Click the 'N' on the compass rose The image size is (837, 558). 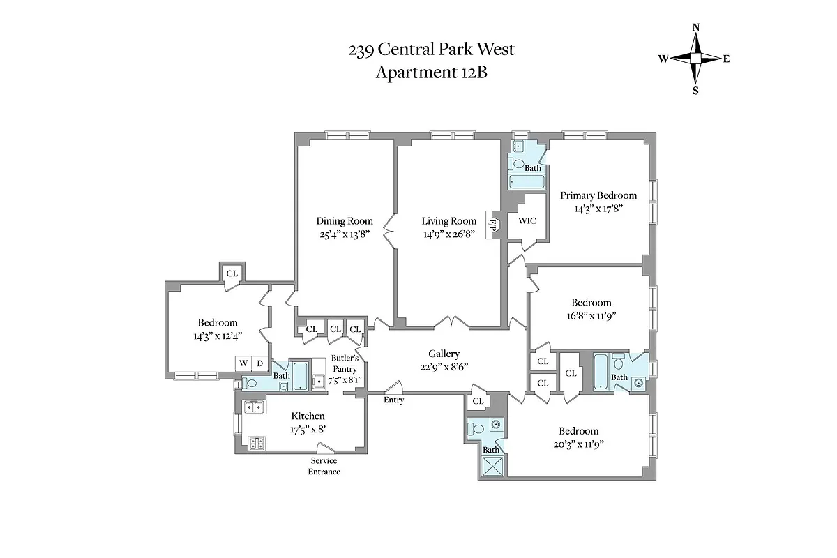pyautogui.click(x=695, y=27)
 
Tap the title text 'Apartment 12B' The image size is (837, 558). pyautogui.click(x=431, y=73)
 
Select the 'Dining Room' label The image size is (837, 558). pyautogui.click(x=341, y=221)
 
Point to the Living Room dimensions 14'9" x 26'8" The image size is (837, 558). pyautogui.click(x=448, y=234)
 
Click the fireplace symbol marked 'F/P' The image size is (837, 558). pyautogui.click(x=494, y=225)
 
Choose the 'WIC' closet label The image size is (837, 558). pyautogui.click(x=525, y=221)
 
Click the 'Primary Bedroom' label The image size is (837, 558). pyautogui.click(x=598, y=195)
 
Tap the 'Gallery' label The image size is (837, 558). pyautogui.click(x=444, y=354)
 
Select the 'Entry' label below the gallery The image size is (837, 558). pyautogui.click(x=393, y=400)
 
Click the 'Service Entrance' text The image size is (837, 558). pyautogui.click(x=324, y=466)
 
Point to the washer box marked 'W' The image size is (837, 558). pyautogui.click(x=243, y=363)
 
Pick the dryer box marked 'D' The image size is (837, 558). pyautogui.click(x=259, y=363)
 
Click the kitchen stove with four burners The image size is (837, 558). pyautogui.click(x=256, y=442)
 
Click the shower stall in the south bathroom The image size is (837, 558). pyautogui.click(x=492, y=468)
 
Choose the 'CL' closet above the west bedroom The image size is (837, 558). pyautogui.click(x=232, y=273)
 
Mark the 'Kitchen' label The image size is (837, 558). pyautogui.click(x=308, y=416)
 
